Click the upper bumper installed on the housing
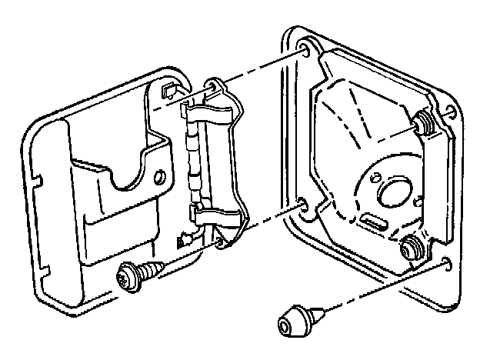[421, 121]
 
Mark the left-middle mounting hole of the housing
[301, 205]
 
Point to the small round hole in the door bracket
[160, 177]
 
